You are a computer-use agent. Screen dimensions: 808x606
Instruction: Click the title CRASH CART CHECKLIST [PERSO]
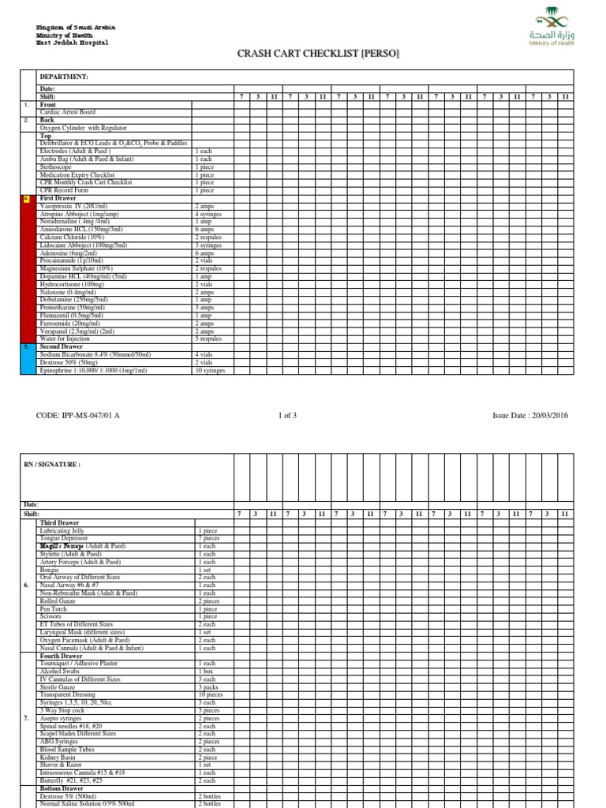point(318,53)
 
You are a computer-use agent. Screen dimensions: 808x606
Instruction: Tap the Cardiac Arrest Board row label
point(67,112)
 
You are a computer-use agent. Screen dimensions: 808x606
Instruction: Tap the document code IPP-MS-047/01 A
point(78,415)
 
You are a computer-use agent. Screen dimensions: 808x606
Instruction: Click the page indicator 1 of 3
point(290,415)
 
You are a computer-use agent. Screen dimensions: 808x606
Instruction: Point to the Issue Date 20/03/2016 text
point(529,415)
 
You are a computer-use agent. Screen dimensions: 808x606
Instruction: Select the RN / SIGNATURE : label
point(53,465)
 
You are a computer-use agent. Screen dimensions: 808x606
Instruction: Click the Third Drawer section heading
point(59,523)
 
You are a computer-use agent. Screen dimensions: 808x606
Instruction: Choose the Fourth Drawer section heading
point(61,656)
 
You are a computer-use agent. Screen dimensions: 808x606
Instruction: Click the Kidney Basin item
point(58,757)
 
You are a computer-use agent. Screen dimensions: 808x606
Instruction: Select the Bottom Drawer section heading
point(62,788)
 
